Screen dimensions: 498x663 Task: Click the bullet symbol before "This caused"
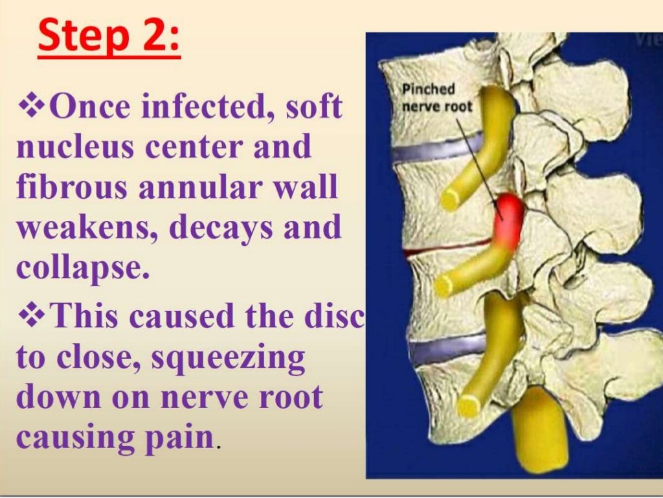pos(30,317)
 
